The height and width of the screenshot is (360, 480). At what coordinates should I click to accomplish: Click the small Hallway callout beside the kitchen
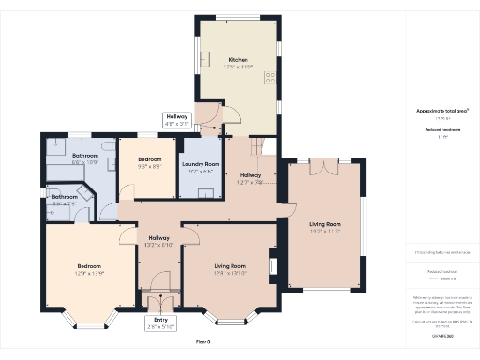click(x=177, y=119)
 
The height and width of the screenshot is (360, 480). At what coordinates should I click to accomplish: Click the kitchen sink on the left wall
click(x=203, y=62)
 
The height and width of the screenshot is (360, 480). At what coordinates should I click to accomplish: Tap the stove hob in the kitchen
click(x=270, y=78)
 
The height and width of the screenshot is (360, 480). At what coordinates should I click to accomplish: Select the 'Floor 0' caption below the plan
click(x=203, y=341)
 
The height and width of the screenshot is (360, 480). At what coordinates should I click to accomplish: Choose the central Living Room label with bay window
click(x=229, y=269)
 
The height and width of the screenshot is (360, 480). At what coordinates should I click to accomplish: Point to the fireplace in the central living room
click(x=273, y=266)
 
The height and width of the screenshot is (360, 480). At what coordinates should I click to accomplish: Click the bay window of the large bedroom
click(x=90, y=323)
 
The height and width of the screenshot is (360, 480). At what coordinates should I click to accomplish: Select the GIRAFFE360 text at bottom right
click(x=442, y=335)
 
